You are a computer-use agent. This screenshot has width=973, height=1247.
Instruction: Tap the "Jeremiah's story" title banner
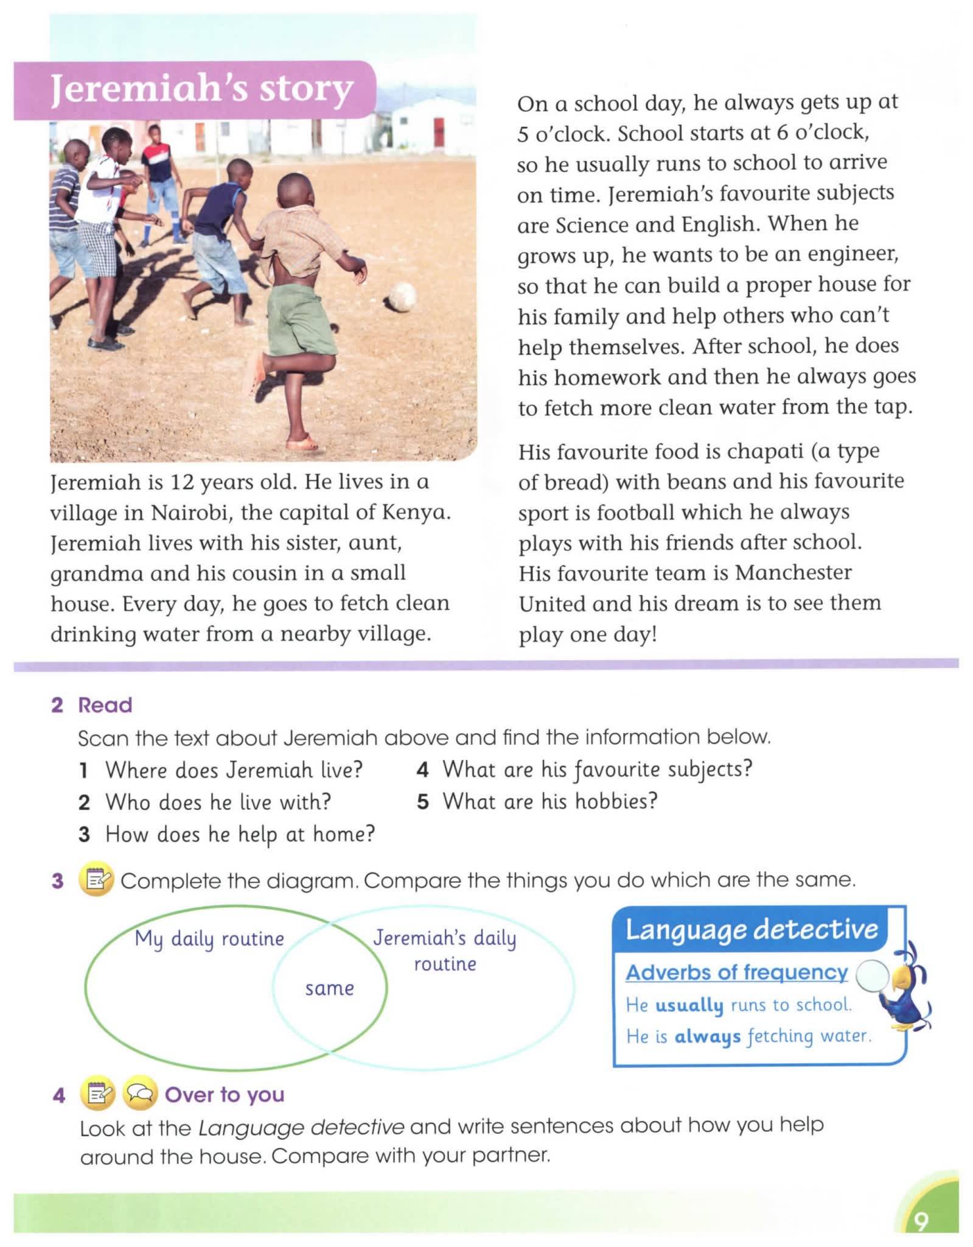pyautogui.click(x=201, y=90)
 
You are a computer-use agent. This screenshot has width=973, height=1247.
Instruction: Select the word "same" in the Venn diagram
pyautogui.click(x=329, y=988)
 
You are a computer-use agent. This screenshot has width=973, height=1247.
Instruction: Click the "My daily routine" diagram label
pyautogui.click(x=209, y=939)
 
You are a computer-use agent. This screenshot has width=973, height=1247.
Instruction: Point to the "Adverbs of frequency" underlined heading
pyautogui.click(x=736, y=972)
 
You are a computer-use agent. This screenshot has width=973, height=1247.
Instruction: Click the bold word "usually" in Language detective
pyautogui.click(x=689, y=1005)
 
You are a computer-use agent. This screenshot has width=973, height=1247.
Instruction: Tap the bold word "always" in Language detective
pyautogui.click(x=707, y=1036)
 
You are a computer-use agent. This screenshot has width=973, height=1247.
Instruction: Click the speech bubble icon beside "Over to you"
pyautogui.click(x=140, y=1094)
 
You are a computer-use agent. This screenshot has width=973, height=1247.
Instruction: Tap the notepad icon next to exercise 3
pyautogui.click(x=97, y=880)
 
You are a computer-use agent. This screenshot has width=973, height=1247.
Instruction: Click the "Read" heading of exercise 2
pyautogui.click(x=105, y=705)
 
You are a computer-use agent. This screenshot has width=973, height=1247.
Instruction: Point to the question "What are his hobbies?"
pyautogui.click(x=550, y=801)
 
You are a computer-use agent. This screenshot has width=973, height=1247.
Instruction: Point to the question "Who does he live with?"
pyautogui.click(x=218, y=802)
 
